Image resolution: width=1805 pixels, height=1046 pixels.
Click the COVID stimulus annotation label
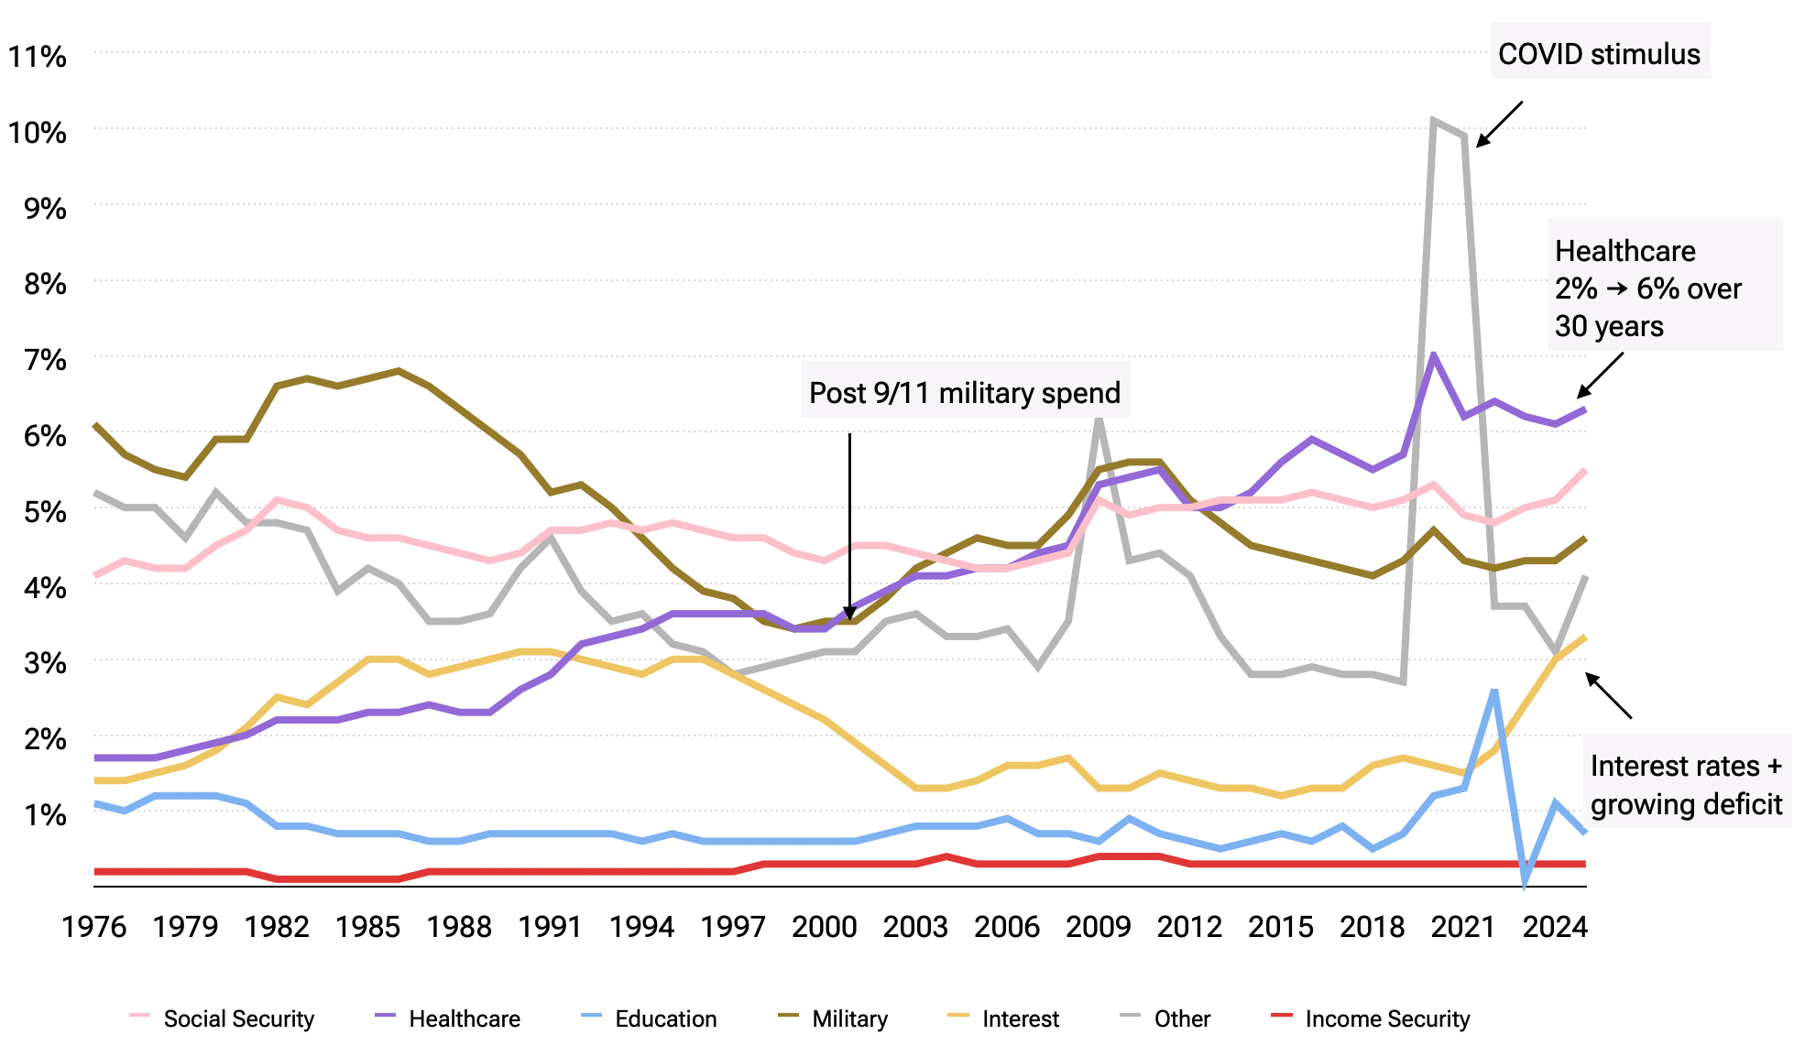(x=1599, y=53)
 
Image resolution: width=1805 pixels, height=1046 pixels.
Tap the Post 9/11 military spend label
(x=965, y=392)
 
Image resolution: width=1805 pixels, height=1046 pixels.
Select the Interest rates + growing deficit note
(x=1686, y=784)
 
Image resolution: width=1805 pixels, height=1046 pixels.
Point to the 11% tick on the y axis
(x=38, y=57)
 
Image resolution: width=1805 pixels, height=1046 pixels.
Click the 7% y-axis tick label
(x=45, y=360)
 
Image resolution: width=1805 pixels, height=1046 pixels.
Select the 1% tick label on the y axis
(x=45, y=814)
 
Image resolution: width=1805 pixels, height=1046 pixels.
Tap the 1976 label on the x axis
(x=93, y=927)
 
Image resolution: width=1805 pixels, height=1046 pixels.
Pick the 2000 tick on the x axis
(x=824, y=927)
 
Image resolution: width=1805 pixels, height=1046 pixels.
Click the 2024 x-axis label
(x=1554, y=927)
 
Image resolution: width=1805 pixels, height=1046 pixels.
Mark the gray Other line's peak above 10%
(x=1434, y=120)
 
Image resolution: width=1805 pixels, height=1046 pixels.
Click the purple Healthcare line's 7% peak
(x=1434, y=355)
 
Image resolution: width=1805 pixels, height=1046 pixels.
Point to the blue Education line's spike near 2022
(x=1494, y=691)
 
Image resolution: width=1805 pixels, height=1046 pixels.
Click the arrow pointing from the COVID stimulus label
(x=1499, y=124)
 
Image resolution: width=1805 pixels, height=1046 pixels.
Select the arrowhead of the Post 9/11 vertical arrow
(x=849, y=613)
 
